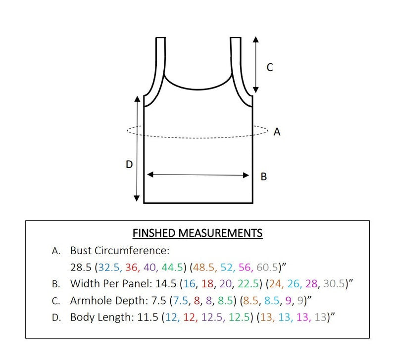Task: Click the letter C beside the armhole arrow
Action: click(x=270, y=68)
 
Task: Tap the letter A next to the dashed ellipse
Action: click(x=277, y=132)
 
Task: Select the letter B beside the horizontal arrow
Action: click(x=264, y=176)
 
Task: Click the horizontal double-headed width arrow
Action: click(x=198, y=175)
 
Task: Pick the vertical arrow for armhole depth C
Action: click(x=255, y=64)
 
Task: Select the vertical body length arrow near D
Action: click(x=137, y=149)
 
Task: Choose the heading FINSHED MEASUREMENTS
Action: click(x=197, y=233)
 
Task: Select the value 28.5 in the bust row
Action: click(x=81, y=267)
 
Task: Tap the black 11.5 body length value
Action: click(x=144, y=317)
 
